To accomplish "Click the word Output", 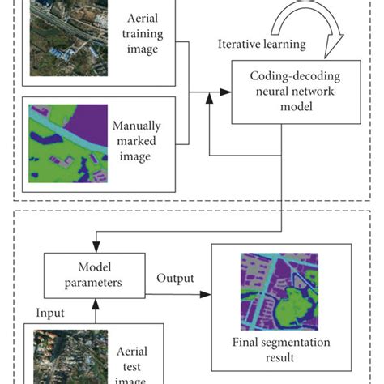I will pos(176,278).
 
